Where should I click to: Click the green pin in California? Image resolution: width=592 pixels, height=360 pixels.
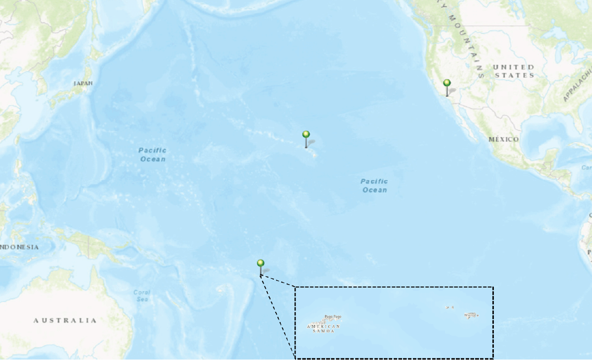[x=447, y=83]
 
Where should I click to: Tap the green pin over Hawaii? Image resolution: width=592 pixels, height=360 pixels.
[x=306, y=135]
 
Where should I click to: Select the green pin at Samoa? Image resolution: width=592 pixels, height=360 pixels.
[x=260, y=263]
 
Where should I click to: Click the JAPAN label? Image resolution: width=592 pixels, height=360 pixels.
[x=83, y=83]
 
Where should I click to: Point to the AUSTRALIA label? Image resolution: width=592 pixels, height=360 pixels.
[x=65, y=321]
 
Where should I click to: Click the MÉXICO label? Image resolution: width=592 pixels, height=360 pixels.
[x=504, y=140]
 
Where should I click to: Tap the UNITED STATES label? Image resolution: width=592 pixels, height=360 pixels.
[x=514, y=71]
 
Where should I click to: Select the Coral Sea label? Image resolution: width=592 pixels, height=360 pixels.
[x=142, y=295]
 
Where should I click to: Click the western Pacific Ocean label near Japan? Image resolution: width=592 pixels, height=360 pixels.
[x=152, y=154]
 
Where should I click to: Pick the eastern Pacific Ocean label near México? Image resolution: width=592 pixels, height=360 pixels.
[x=374, y=185]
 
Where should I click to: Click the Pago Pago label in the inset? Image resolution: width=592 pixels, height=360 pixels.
[x=333, y=317]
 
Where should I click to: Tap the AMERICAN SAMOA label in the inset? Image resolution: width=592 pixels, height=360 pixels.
[x=324, y=328]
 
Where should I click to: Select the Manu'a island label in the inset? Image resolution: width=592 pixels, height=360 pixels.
[x=471, y=315]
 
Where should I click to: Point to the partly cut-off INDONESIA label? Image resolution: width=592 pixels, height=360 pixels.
[x=19, y=247]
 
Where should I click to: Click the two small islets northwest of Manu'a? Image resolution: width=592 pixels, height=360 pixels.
[x=449, y=307]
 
